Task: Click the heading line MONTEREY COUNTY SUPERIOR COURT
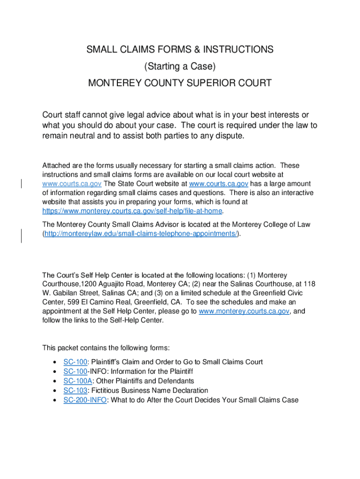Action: (x=180, y=83)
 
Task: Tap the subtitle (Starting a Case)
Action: (x=180, y=66)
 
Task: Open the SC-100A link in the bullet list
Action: (x=77, y=381)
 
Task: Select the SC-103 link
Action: (x=75, y=390)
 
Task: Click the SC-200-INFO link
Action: (x=85, y=400)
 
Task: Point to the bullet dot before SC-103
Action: (x=56, y=391)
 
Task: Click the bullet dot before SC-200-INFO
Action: (x=56, y=400)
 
